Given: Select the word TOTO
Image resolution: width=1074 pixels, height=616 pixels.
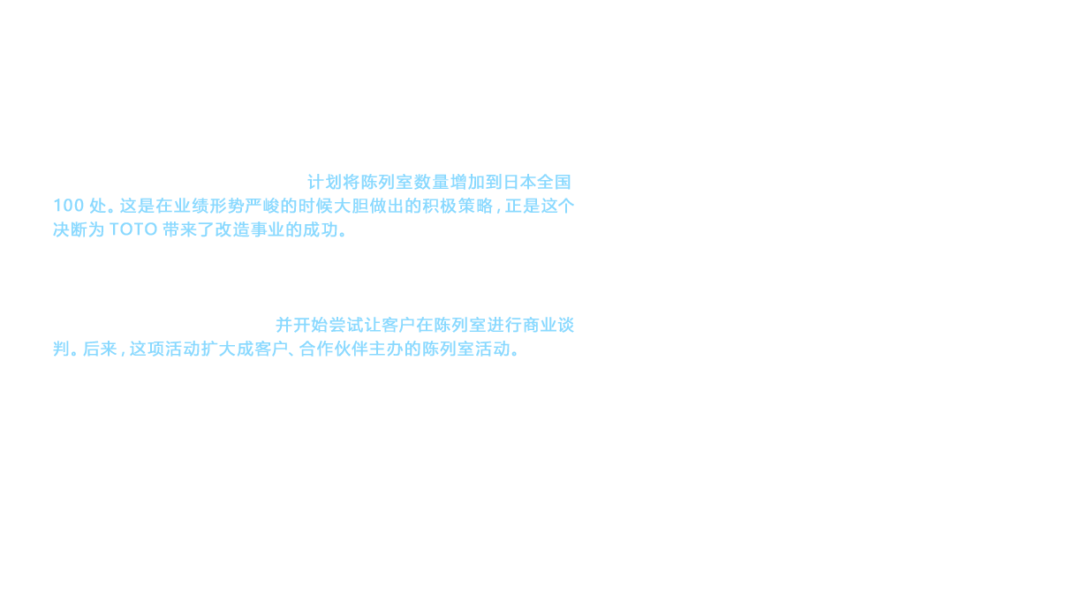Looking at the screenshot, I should (133, 230).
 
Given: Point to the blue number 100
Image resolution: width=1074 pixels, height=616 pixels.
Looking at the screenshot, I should (70, 207).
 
